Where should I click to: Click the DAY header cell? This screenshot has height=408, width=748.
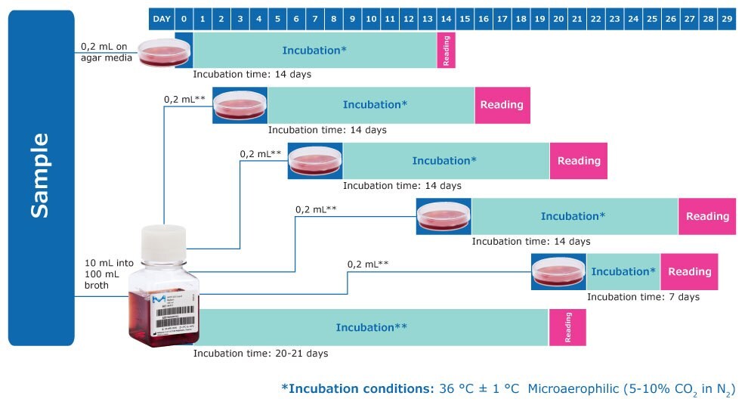[x=162, y=17]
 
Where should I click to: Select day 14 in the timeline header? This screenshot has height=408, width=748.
[x=446, y=17]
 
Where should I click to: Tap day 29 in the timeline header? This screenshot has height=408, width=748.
[x=726, y=17]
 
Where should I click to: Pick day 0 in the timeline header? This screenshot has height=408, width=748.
[x=184, y=17]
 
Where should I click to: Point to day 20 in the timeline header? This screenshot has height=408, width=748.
[x=558, y=17]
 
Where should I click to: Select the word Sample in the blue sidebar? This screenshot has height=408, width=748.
[x=41, y=175]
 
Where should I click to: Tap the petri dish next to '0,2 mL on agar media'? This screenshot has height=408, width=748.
[x=165, y=51]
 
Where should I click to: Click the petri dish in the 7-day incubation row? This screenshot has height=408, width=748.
[x=558, y=272]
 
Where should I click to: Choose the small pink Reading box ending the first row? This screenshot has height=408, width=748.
[x=446, y=51]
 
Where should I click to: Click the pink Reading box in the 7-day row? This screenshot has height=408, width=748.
[x=689, y=272]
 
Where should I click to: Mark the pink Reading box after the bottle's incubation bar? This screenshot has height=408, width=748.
[x=567, y=327]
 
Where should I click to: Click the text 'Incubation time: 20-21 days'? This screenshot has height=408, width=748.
[x=261, y=353]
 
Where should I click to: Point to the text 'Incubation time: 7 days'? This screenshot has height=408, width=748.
[x=643, y=297]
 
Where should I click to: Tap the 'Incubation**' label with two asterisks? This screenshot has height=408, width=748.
[x=372, y=327]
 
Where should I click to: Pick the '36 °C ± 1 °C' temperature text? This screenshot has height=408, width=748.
[x=480, y=389]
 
